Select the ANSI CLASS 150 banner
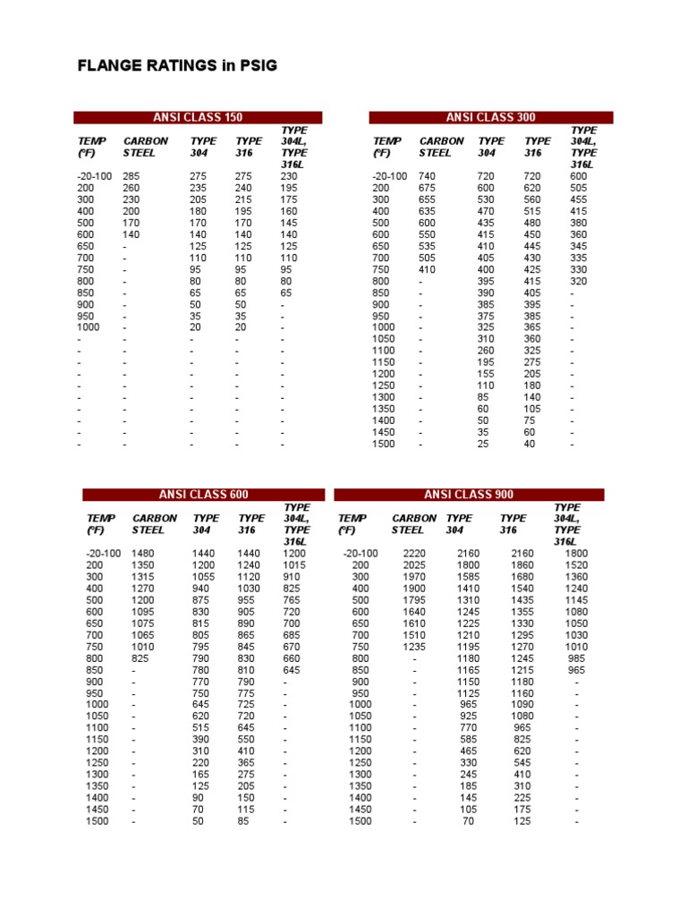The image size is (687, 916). click(198, 117)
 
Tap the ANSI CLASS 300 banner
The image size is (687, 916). click(491, 117)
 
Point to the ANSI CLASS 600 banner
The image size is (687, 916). click(204, 495)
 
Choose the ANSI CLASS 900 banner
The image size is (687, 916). click(469, 495)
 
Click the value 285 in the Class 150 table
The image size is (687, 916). click(131, 177)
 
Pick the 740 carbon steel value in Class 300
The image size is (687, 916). click(428, 177)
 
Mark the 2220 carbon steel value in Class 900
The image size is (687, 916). click(414, 554)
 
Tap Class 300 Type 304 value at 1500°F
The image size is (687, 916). click(483, 444)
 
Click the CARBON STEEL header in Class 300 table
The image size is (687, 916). click(441, 147)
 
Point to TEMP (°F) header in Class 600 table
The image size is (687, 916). click(101, 524)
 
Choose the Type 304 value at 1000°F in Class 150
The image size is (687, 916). click(196, 327)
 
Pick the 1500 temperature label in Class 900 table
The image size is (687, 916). click(360, 821)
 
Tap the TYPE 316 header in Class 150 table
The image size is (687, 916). click(249, 147)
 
